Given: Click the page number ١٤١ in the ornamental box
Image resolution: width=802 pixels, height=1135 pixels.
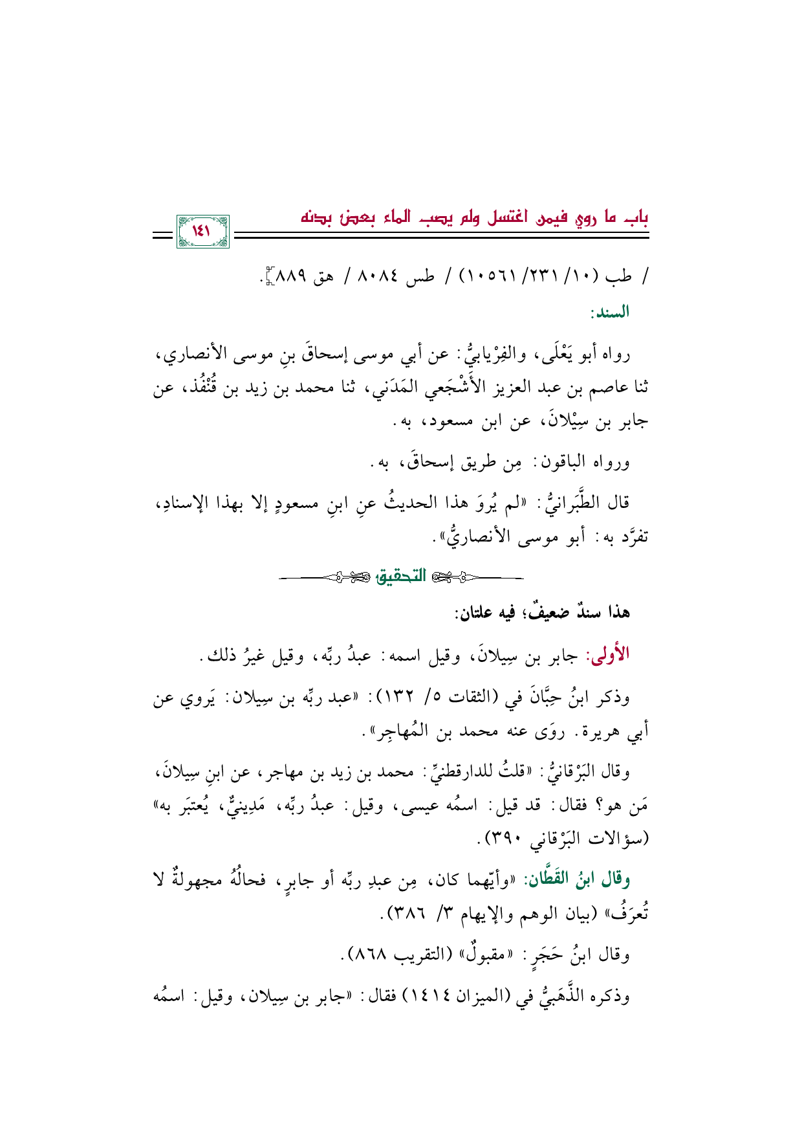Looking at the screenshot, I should coord(202,231).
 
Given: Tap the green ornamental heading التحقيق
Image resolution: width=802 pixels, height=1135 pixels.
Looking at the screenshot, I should coord(402,576).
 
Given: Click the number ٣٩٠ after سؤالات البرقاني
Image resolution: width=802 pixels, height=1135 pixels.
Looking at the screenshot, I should coord(504,839).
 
